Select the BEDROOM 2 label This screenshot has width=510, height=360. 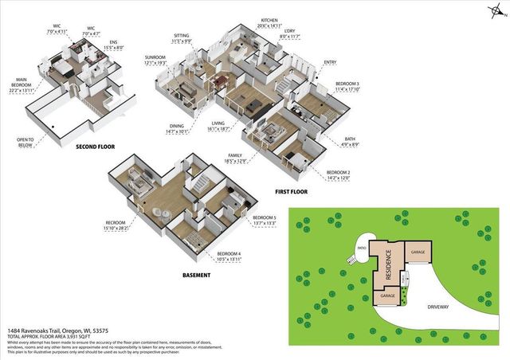click(x=339, y=173)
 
